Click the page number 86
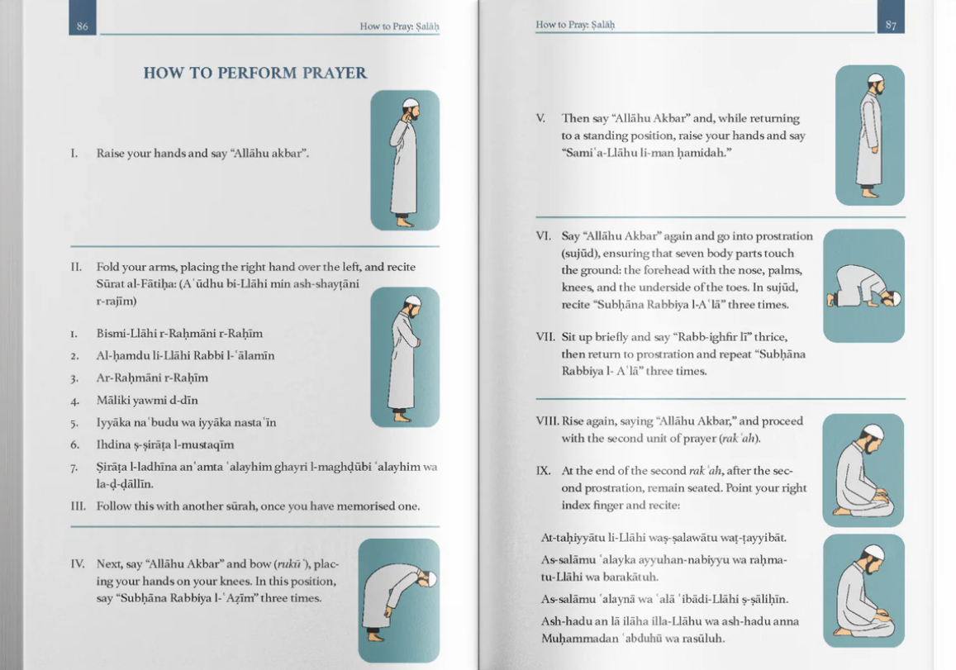pyautogui.click(x=82, y=26)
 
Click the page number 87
pyautogui.click(x=891, y=25)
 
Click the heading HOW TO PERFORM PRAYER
pyautogui.click(x=254, y=73)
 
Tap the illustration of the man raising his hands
pyautogui.click(x=404, y=160)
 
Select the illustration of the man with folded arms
pyautogui.click(x=404, y=357)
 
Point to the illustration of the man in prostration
pyautogui.click(x=863, y=286)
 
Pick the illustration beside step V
pyautogui.click(x=869, y=135)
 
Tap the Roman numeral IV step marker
pyautogui.click(x=78, y=564)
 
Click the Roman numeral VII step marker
pyautogui.click(x=545, y=337)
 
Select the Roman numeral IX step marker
pyautogui.click(x=543, y=471)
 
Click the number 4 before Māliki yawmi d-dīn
pyautogui.click(x=74, y=401)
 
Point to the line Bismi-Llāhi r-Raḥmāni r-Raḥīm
pyautogui.click(x=179, y=334)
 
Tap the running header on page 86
pyautogui.click(x=399, y=26)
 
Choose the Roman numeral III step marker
pyautogui.click(x=78, y=506)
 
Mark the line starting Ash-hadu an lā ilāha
pyautogui.click(x=669, y=621)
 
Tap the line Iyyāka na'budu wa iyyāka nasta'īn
pyautogui.click(x=186, y=423)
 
